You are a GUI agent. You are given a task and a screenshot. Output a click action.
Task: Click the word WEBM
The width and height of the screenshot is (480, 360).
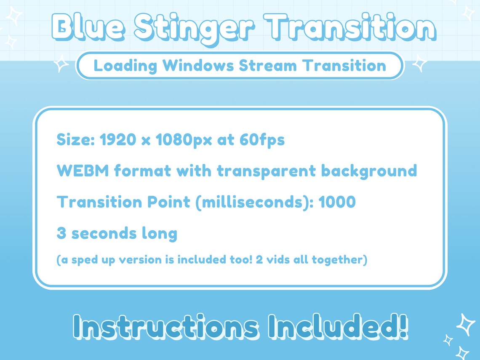83,171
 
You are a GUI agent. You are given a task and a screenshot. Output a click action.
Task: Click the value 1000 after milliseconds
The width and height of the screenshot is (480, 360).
337,202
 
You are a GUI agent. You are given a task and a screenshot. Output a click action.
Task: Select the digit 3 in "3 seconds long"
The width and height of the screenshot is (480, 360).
61,233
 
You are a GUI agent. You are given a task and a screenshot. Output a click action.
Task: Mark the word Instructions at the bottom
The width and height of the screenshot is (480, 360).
165,327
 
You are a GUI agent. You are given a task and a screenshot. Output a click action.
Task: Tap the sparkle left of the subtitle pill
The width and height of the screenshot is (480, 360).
61,64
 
